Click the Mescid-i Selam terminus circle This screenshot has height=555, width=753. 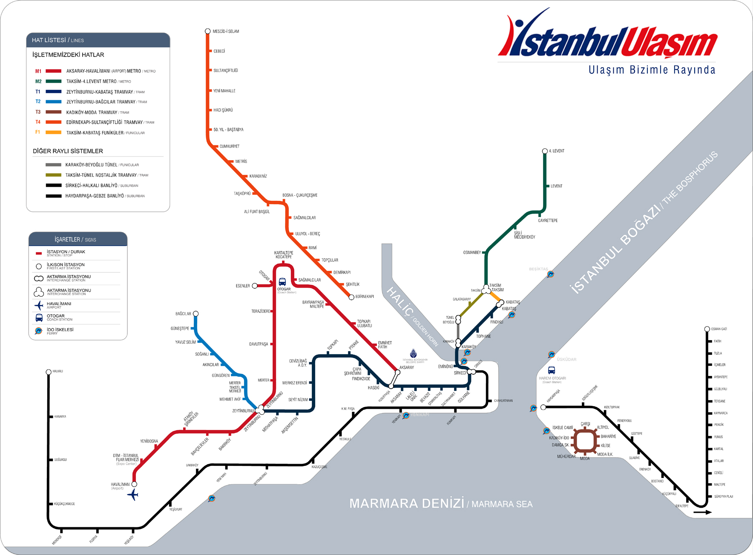pyautogui.click(x=208, y=31)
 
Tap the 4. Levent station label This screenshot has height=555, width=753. pyautogui.click(x=557, y=151)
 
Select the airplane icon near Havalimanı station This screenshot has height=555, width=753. pyautogui.click(x=133, y=495)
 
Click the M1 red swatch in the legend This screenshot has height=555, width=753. pyautogui.click(x=54, y=71)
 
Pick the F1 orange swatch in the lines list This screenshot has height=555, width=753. pyautogui.click(x=54, y=133)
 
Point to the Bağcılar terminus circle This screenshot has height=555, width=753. pyautogui.click(x=196, y=314)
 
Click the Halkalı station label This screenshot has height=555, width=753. pyautogui.click(x=57, y=371)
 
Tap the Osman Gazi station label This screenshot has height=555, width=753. pyautogui.click(x=719, y=329)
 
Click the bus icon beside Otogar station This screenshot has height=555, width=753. pyautogui.click(x=282, y=282)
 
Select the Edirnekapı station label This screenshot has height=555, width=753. pyautogui.click(x=365, y=297)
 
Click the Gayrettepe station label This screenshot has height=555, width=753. pyautogui.click(x=548, y=221)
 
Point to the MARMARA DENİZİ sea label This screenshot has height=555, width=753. pyautogui.click(x=406, y=503)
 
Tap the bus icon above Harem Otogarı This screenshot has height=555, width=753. pyautogui.click(x=552, y=370)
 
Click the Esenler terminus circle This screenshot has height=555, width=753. pyautogui.click(x=255, y=286)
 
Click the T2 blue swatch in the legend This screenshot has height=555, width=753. pyautogui.click(x=54, y=102)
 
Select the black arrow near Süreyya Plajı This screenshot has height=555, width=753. pyautogui.click(x=702, y=512)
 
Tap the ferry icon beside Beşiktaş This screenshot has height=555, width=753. pyautogui.click(x=551, y=274)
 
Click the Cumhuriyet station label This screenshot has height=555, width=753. pyautogui.click(x=230, y=146)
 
